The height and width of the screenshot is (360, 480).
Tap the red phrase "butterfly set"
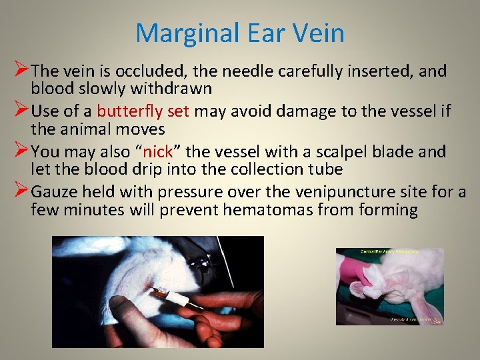(143, 111)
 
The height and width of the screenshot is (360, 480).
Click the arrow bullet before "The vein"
(20, 69)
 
